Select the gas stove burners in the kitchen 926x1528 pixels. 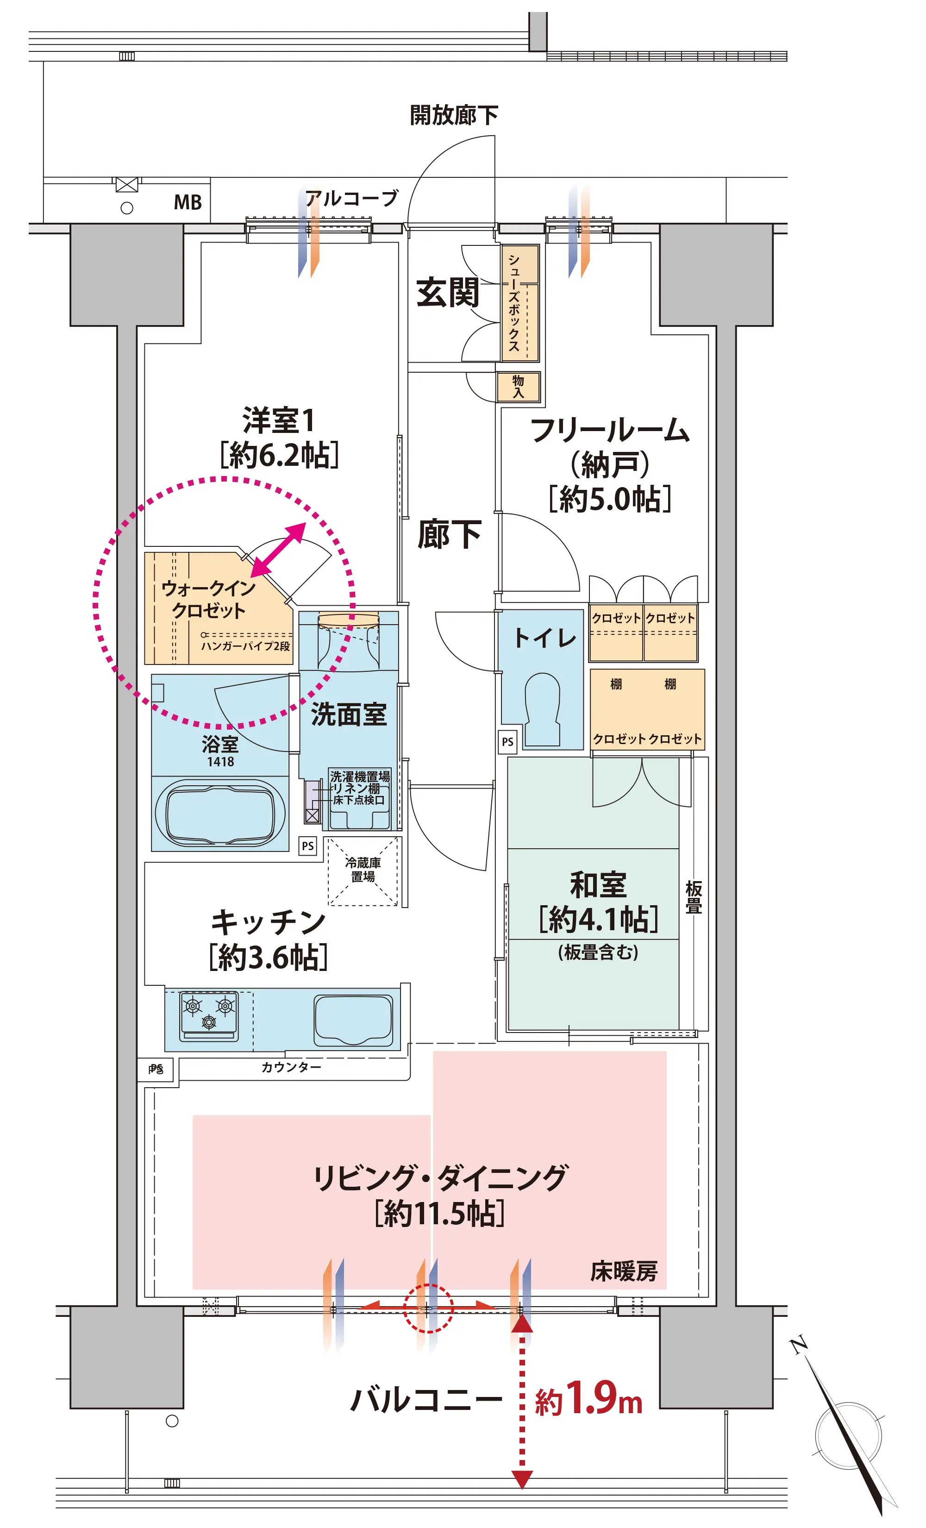[209, 1014]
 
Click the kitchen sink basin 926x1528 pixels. [353, 1020]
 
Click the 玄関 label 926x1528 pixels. [448, 293]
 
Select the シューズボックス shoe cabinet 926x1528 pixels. [520, 303]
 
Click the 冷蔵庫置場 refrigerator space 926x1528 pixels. [363, 870]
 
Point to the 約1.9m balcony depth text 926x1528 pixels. [588, 1399]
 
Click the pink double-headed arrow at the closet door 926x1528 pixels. [278, 550]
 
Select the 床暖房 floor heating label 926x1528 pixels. [623, 1271]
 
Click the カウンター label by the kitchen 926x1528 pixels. [291, 1067]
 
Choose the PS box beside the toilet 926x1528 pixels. [507, 742]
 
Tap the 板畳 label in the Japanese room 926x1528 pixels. [694, 897]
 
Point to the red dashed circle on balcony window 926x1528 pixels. [429, 1308]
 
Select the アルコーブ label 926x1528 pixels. [351, 199]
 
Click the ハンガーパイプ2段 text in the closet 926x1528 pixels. [245, 646]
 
